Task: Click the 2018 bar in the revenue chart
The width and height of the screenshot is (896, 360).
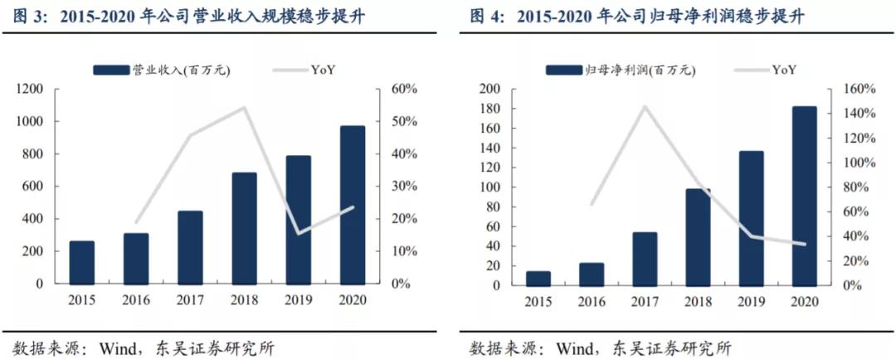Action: coord(245,228)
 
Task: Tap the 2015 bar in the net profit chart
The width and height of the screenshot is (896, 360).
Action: coord(538,278)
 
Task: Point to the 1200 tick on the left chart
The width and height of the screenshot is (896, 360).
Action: coord(29,89)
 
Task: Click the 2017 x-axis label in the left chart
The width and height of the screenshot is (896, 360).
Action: coord(190,299)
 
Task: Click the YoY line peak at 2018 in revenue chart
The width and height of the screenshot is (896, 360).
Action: coord(245,107)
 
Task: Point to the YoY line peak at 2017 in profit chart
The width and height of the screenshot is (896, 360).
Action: coord(645,106)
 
